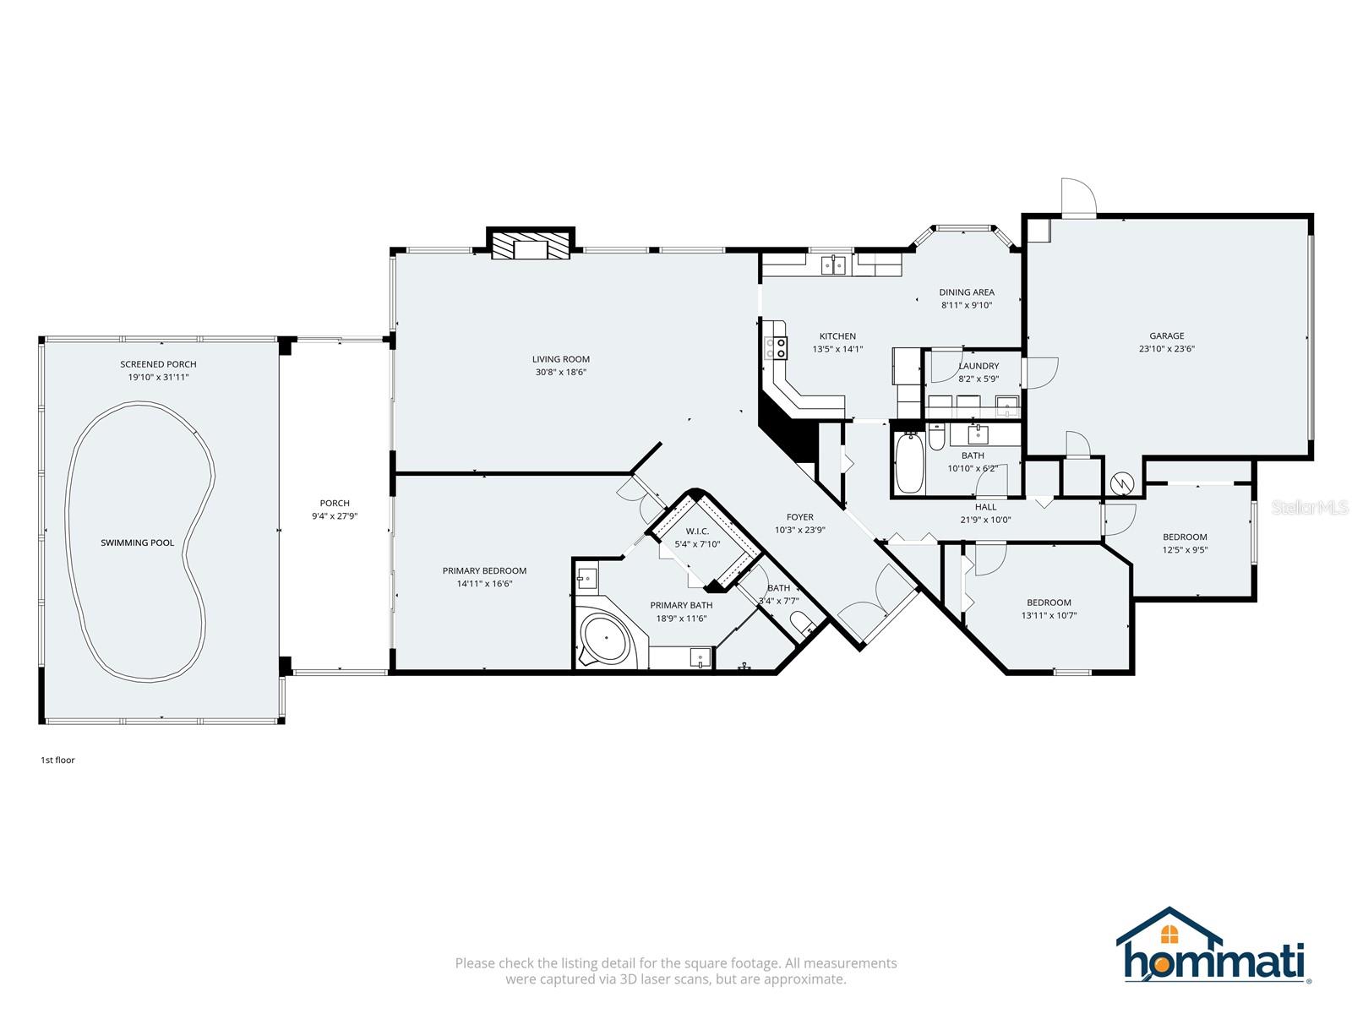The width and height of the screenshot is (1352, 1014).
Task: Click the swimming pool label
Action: point(138,542)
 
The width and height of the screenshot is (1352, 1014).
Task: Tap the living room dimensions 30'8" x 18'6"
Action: point(560,372)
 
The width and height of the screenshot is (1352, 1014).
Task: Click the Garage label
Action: point(1167,335)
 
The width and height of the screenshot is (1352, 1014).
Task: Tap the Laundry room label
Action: point(979,366)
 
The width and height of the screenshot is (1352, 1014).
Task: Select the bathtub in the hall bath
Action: point(909,462)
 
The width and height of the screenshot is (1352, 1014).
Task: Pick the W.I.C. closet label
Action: point(697,531)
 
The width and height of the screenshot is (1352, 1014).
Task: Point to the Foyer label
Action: point(800,516)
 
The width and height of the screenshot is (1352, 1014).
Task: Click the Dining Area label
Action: point(967,292)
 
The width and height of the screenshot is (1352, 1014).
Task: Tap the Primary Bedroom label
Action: point(484,570)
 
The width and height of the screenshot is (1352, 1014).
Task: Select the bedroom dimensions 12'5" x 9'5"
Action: point(1185,550)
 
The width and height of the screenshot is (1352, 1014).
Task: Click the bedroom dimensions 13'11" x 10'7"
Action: point(1049,615)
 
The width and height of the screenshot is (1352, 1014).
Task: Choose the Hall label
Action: point(985,507)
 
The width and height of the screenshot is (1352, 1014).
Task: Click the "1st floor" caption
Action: point(58,760)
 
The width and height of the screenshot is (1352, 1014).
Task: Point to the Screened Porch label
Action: point(158,364)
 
